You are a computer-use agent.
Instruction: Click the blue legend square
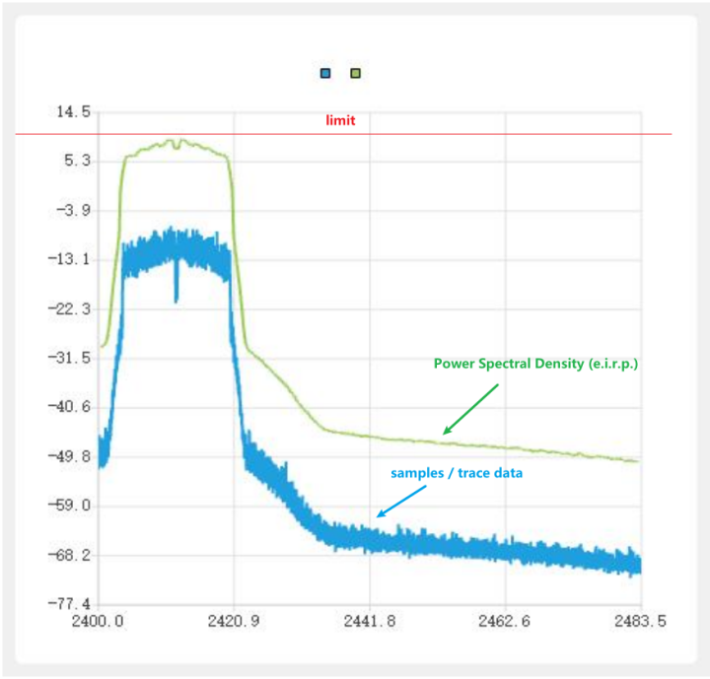325,73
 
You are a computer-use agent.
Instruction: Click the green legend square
355,73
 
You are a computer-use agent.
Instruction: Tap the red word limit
340,121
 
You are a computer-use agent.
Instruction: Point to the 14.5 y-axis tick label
72,112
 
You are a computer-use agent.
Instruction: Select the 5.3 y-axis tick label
77,161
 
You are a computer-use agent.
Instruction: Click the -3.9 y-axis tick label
74,210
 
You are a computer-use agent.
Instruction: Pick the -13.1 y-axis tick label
70,259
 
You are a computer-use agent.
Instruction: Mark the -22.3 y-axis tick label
70,308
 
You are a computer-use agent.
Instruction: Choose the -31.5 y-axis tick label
70,358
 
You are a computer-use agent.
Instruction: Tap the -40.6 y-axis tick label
70,407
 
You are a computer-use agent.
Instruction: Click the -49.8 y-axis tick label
70,456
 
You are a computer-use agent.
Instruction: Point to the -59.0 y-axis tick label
70,506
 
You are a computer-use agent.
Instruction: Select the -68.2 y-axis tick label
70,555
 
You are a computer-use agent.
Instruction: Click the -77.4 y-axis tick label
70,604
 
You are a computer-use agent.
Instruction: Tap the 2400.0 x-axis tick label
99,622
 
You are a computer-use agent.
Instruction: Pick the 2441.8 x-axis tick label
371,622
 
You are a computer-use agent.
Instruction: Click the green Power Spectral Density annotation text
536,364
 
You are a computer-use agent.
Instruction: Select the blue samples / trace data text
457,473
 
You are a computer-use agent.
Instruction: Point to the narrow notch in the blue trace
177,286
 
